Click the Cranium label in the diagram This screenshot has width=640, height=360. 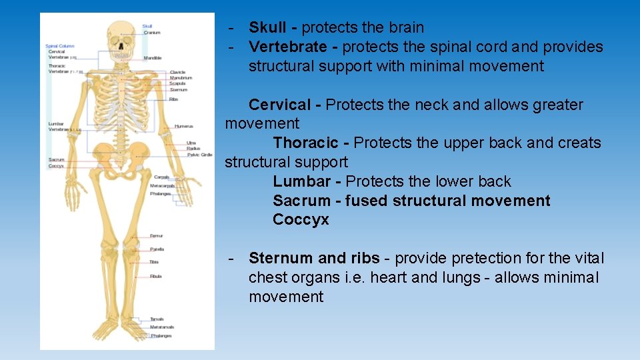tap(152, 33)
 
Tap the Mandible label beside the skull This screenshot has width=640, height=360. tap(153, 58)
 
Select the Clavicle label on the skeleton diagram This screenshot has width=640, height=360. tap(177, 72)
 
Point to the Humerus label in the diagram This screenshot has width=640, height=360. tap(184, 126)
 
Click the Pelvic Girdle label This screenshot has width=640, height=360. tap(199, 154)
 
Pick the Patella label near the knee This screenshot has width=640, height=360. tap(157, 249)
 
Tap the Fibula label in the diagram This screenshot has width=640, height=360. tap(155, 276)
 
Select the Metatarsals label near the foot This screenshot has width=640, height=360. tap(161, 327)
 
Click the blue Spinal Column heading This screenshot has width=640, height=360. tap(60, 46)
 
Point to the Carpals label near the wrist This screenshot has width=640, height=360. tap(161, 177)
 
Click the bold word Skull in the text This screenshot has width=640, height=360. tap(267, 27)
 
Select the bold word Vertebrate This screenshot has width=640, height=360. tap(287, 47)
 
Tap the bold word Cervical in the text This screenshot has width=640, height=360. tap(279, 105)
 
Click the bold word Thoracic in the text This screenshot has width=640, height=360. tap(305, 143)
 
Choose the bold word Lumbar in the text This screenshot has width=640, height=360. tap(301, 181)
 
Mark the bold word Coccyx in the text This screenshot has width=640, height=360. tap(301, 219)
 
